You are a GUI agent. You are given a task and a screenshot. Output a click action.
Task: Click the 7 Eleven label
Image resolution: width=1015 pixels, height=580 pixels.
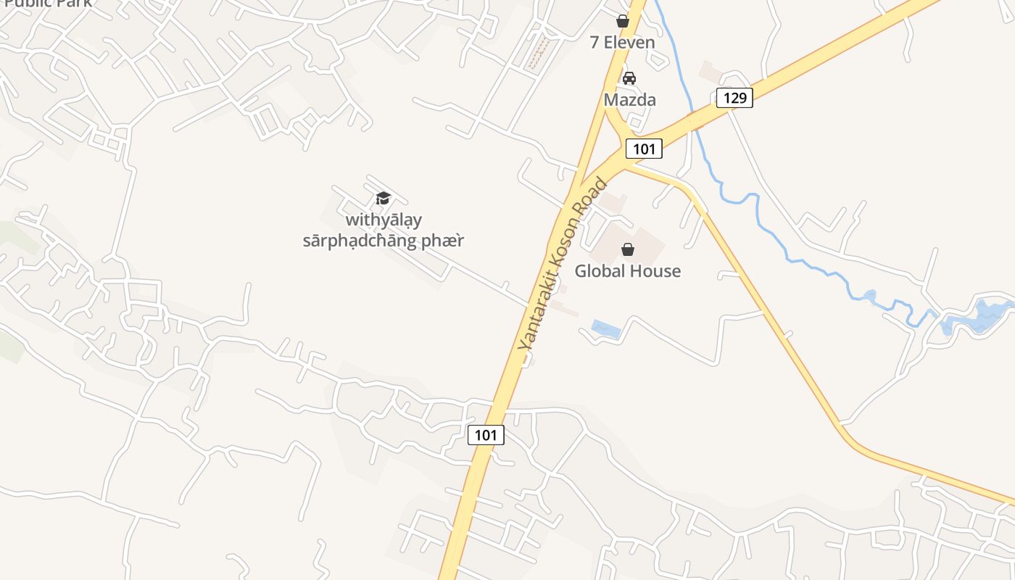click(622, 42)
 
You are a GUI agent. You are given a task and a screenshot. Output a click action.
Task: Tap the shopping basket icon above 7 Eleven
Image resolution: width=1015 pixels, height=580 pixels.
click(622, 21)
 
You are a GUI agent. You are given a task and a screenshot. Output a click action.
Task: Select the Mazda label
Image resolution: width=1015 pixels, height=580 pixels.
click(629, 100)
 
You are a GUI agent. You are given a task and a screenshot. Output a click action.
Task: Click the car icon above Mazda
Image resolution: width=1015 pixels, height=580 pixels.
click(629, 78)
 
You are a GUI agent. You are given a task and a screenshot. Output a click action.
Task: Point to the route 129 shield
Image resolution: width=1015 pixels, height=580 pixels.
click(734, 97)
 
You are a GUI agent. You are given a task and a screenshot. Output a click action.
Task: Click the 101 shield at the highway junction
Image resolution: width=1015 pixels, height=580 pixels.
click(644, 149)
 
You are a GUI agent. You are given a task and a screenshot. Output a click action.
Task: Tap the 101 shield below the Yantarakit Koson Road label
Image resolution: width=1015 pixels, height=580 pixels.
click(486, 435)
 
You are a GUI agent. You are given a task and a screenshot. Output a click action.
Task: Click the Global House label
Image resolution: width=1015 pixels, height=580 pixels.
click(628, 271)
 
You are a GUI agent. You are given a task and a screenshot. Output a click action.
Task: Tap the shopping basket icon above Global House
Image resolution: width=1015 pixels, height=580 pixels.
click(628, 249)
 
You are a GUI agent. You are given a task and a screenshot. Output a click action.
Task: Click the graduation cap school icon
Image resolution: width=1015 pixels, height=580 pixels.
click(383, 198)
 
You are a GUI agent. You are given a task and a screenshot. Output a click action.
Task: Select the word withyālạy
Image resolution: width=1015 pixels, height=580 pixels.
click(384, 219)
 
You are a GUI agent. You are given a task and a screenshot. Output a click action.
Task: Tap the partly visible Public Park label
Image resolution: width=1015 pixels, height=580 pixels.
click(48, 4)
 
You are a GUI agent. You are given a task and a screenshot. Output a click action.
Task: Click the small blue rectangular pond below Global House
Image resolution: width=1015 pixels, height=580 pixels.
click(606, 330)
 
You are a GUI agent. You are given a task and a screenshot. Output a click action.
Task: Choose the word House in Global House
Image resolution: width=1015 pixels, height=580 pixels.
click(656, 271)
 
